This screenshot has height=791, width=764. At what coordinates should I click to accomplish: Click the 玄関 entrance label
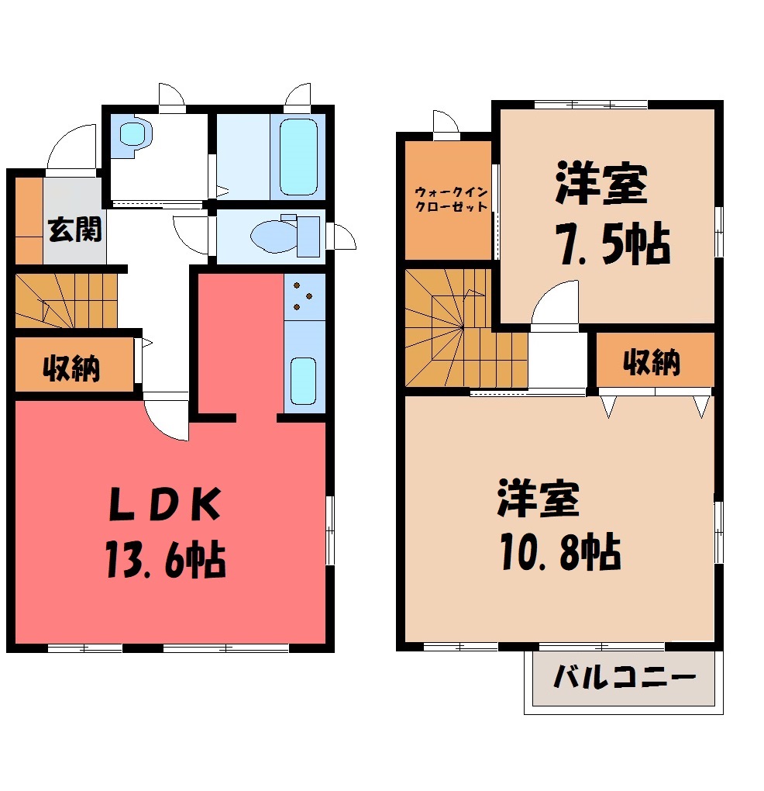75,230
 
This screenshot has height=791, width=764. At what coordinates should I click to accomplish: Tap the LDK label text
165,503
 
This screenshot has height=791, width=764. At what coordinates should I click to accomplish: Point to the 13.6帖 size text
166,559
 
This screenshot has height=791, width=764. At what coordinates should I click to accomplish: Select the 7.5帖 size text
612,244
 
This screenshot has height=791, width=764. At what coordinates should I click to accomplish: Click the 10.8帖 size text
560,552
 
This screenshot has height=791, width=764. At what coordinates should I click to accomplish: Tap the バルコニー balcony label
625,677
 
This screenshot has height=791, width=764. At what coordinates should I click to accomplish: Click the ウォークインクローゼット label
451,199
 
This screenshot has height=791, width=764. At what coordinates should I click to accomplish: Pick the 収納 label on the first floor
71,368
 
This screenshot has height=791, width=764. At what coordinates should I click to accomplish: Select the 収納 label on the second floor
652,361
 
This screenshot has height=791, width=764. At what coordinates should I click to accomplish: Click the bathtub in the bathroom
298,157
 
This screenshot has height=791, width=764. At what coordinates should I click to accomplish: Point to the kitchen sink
304,381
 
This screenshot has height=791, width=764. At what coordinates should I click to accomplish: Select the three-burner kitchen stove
305,296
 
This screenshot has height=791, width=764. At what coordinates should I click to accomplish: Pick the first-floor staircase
66,301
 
